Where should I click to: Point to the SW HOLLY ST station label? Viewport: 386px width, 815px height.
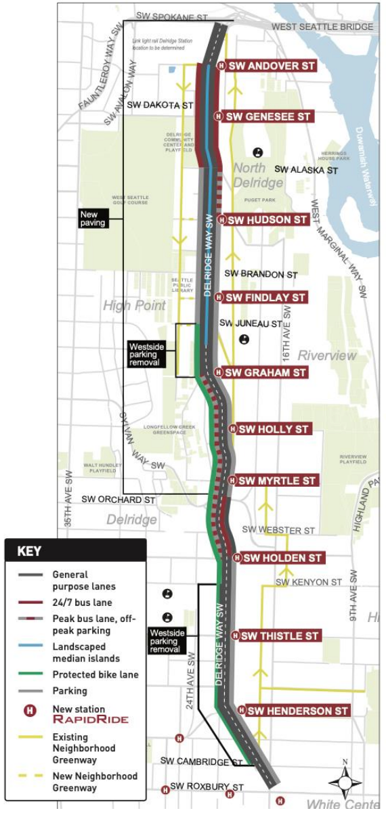pos(274,429)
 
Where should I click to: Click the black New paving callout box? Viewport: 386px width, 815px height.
pos(93,219)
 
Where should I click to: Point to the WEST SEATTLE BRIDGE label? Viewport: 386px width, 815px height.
pos(322,27)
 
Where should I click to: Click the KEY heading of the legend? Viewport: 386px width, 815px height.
pos(29,551)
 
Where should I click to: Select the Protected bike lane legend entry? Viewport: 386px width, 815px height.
pos(95,674)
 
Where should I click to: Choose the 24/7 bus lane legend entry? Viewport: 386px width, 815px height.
pos(82,602)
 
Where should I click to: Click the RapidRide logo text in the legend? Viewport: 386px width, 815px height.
pos(90,719)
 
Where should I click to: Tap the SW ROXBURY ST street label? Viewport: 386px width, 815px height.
pos(206,787)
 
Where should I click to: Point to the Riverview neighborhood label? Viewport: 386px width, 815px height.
pos(327,355)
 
